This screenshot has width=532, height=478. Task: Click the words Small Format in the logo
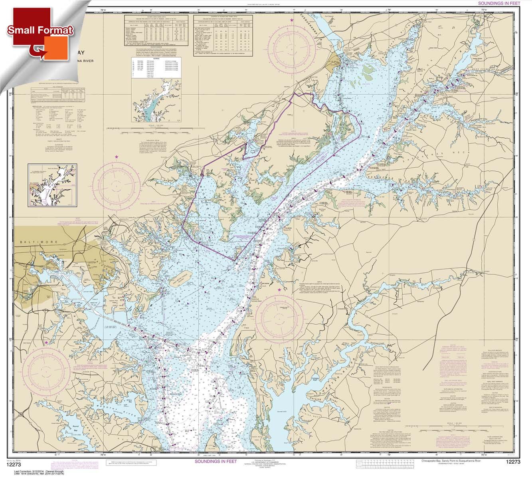40,30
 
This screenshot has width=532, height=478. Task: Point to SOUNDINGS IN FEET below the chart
217,461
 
